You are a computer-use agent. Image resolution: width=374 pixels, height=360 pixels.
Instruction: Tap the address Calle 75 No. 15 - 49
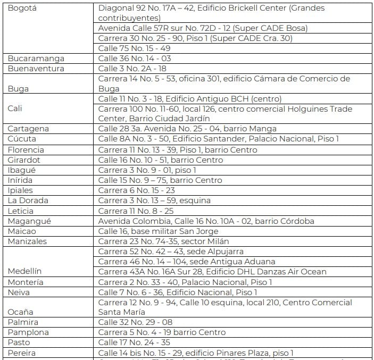point(135,48)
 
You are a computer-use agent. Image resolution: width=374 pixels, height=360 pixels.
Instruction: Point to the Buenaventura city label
point(36,69)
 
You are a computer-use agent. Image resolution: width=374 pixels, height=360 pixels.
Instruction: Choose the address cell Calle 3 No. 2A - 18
point(132,69)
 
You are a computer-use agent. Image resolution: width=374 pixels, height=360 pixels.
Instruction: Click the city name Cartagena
point(28,129)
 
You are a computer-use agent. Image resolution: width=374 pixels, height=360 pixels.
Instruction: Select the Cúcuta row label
point(22,139)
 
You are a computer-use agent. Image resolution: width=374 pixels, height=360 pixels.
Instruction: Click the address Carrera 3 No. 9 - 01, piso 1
point(147,170)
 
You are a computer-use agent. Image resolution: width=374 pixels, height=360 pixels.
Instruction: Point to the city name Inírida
point(20,180)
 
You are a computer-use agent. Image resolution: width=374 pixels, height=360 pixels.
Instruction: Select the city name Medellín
point(25,271)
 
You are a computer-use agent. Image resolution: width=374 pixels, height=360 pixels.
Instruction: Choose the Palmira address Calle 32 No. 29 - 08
point(135,322)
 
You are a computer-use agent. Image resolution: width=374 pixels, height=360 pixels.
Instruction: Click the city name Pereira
point(22,353)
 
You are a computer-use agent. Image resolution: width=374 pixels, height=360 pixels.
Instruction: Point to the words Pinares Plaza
point(244,353)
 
